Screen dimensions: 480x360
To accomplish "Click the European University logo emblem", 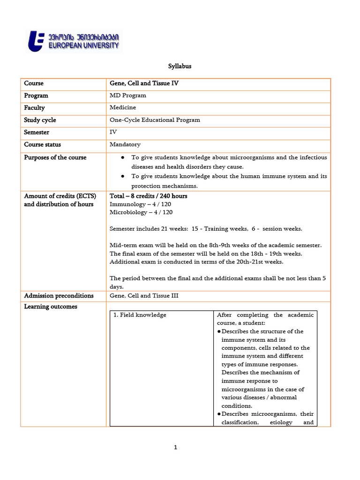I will tap(37, 41).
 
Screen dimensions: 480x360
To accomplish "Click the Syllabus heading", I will tap(180, 67).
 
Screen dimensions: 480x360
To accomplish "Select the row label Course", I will tap(34, 83).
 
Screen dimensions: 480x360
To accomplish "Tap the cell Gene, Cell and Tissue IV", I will tap(144, 83).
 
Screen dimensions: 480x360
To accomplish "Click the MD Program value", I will tap(127, 96).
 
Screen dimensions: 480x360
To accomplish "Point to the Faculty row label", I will tap(35, 108).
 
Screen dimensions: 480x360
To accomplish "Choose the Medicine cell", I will tap(123, 108).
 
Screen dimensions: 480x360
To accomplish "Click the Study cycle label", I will tap(40, 120).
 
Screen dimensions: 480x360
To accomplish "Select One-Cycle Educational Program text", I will tap(155, 120).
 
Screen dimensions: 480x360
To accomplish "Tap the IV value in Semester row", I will tap(113, 132).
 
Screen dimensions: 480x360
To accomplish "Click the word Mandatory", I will tap(125, 144).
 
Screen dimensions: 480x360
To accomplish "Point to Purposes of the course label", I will tap(55, 157).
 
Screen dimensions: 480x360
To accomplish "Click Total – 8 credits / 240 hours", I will tap(148, 196).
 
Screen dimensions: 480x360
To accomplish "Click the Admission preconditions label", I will tap(59, 296).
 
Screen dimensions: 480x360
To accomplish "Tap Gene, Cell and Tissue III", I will tap(144, 296).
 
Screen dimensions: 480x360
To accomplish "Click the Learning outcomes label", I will tap(51, 307).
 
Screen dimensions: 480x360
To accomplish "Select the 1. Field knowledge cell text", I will tap(140, 315).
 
